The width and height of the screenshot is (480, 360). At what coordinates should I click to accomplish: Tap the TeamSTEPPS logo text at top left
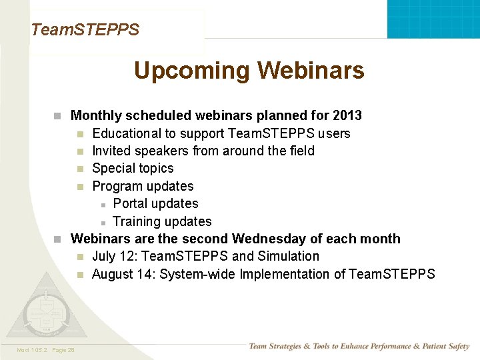pos(85,30)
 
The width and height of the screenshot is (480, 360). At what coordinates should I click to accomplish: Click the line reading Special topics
pos(133,169)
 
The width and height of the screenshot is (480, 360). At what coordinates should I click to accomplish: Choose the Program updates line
pos(143,186)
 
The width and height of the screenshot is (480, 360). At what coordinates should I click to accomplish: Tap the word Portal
pos(132,203)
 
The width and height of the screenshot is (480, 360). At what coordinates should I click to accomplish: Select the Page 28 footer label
pos(63,350)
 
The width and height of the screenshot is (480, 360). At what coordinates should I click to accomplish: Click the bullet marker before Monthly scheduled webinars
pos(58,116)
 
